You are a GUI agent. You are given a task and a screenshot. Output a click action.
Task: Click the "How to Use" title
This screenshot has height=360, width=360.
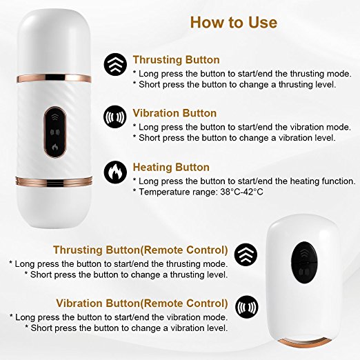click(x=234, y=23)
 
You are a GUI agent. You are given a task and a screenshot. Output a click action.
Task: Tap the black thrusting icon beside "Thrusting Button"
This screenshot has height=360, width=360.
click(x=115, y=65)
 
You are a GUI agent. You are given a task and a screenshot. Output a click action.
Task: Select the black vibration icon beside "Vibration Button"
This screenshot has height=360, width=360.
click(x=115, y=117)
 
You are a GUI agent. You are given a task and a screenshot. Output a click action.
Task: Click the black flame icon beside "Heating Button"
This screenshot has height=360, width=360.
click(x=115, y=172)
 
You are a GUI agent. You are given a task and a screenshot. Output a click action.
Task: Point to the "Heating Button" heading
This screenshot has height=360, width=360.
click(x=171, y=167)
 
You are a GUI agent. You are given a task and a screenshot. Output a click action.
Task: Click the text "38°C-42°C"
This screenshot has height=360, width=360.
click(x=241, y=192)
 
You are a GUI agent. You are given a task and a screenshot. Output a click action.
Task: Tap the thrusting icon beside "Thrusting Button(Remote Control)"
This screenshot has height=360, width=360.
click(x=246, y=254)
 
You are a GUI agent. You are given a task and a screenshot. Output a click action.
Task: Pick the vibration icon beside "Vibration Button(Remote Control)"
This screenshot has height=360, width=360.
click(x=247, y=307)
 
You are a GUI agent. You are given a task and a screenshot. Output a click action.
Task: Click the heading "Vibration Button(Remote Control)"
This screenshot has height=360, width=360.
click(x=142, y=303)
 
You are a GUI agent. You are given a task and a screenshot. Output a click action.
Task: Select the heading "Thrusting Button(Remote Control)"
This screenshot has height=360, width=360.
click(x=141, y=250)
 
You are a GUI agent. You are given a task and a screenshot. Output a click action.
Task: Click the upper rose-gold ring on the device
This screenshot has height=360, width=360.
click(x=54, y=78)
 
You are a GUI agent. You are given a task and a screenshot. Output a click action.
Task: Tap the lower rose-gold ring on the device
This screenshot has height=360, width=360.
click(x=54, y=181)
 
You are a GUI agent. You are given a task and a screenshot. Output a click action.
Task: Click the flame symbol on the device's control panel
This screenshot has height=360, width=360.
click(x=54, y=147)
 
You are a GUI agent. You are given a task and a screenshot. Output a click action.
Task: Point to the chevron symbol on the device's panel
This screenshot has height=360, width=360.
click(x=54, y=117)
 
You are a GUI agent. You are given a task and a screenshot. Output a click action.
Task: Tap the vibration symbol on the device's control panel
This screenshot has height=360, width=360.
click(x=55, y=132)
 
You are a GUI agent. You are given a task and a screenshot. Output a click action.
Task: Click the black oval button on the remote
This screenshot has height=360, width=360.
click(x=304, y=262)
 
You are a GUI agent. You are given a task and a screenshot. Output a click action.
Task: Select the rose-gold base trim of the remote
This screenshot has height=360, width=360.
click(x=303, y=341)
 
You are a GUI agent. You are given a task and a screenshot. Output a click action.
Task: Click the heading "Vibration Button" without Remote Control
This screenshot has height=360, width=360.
click(x=174, y=113)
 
